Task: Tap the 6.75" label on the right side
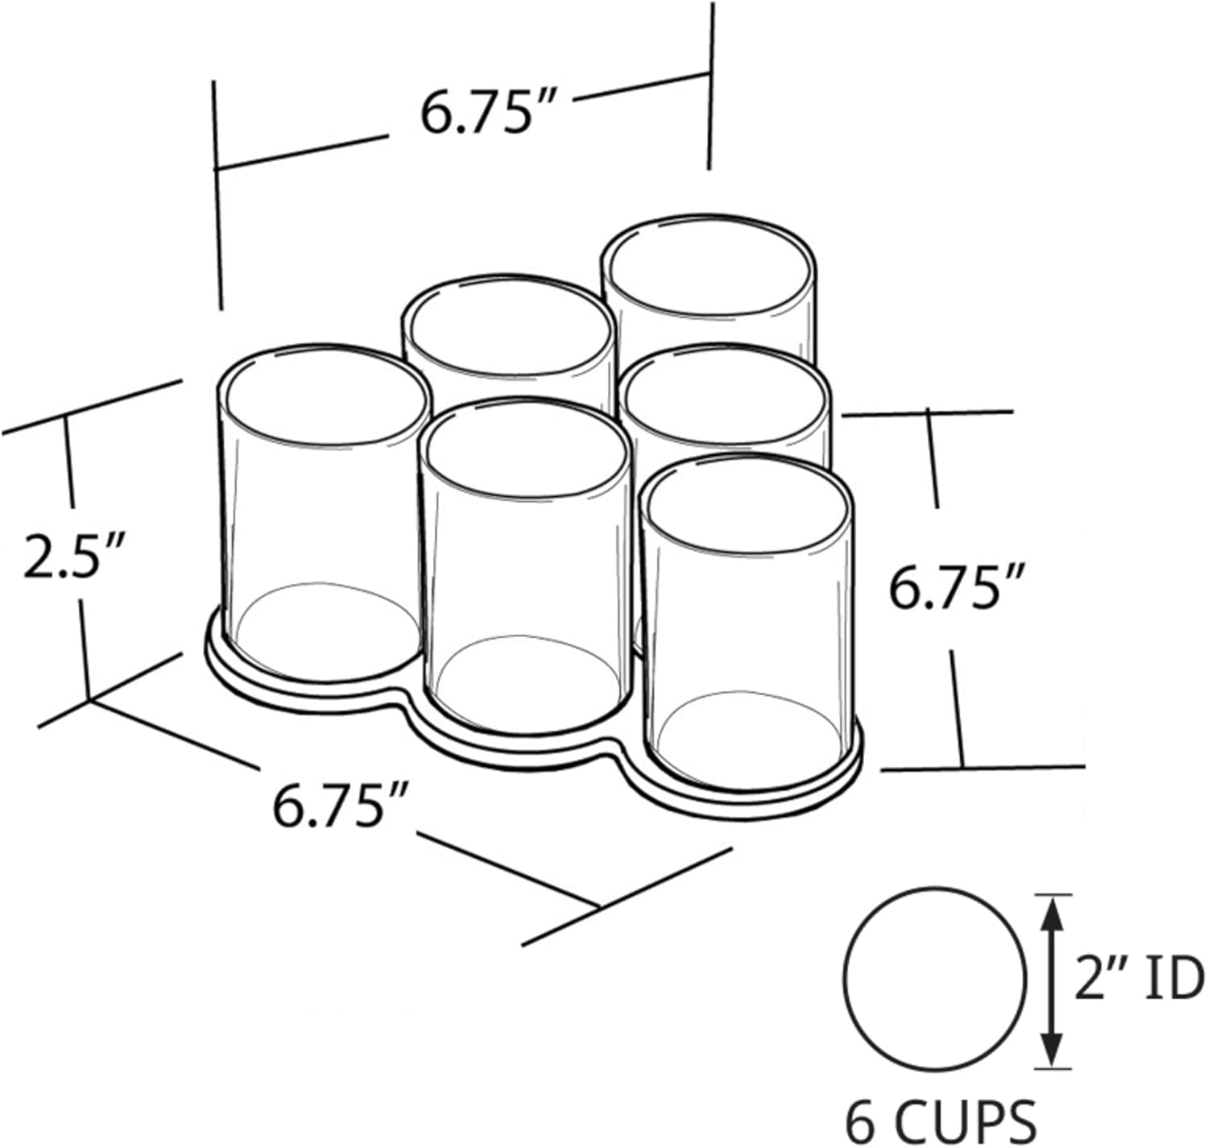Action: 956,588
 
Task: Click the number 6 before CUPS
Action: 862,1121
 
